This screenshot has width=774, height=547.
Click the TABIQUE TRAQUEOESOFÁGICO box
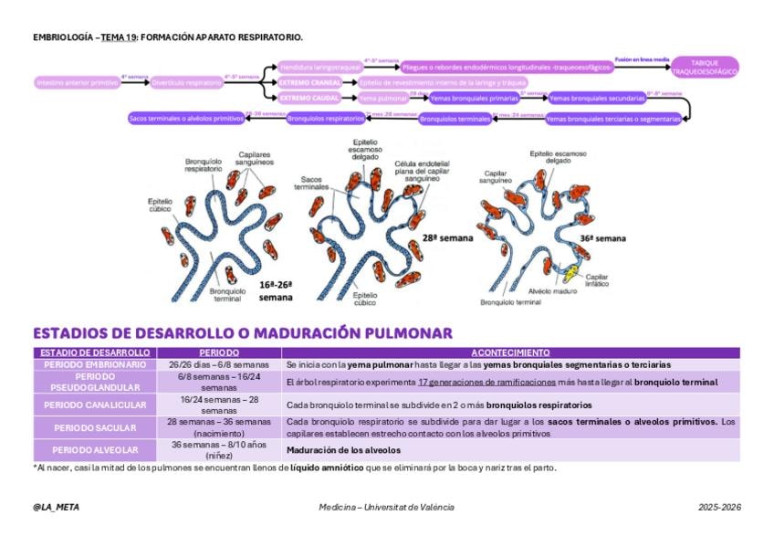click(x=711, y=67)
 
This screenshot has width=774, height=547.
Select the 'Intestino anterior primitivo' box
click(x=78, y=82)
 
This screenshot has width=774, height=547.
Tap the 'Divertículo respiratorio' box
click(x=186, y=82)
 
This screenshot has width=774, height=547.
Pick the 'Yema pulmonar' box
click(x=382, y=98)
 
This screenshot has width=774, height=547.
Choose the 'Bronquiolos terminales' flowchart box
click(x=455, y=119)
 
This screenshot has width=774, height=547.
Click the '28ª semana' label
click(x=447, y=238)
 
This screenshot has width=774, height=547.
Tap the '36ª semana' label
click(x=603, y=238)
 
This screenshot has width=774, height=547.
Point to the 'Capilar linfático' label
click(x=598, y=281)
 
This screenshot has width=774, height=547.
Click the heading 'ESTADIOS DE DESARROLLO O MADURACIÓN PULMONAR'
click(x=242, y=333)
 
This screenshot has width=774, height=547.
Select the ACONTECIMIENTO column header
click(x=510, y=352)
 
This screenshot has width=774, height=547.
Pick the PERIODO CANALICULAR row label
click(x=91, y=405)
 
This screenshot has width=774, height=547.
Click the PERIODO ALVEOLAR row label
click(x=91, y=449)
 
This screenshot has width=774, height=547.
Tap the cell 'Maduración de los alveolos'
click(x=343, y=449)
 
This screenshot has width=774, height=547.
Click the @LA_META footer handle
click(x=56, y=508)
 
